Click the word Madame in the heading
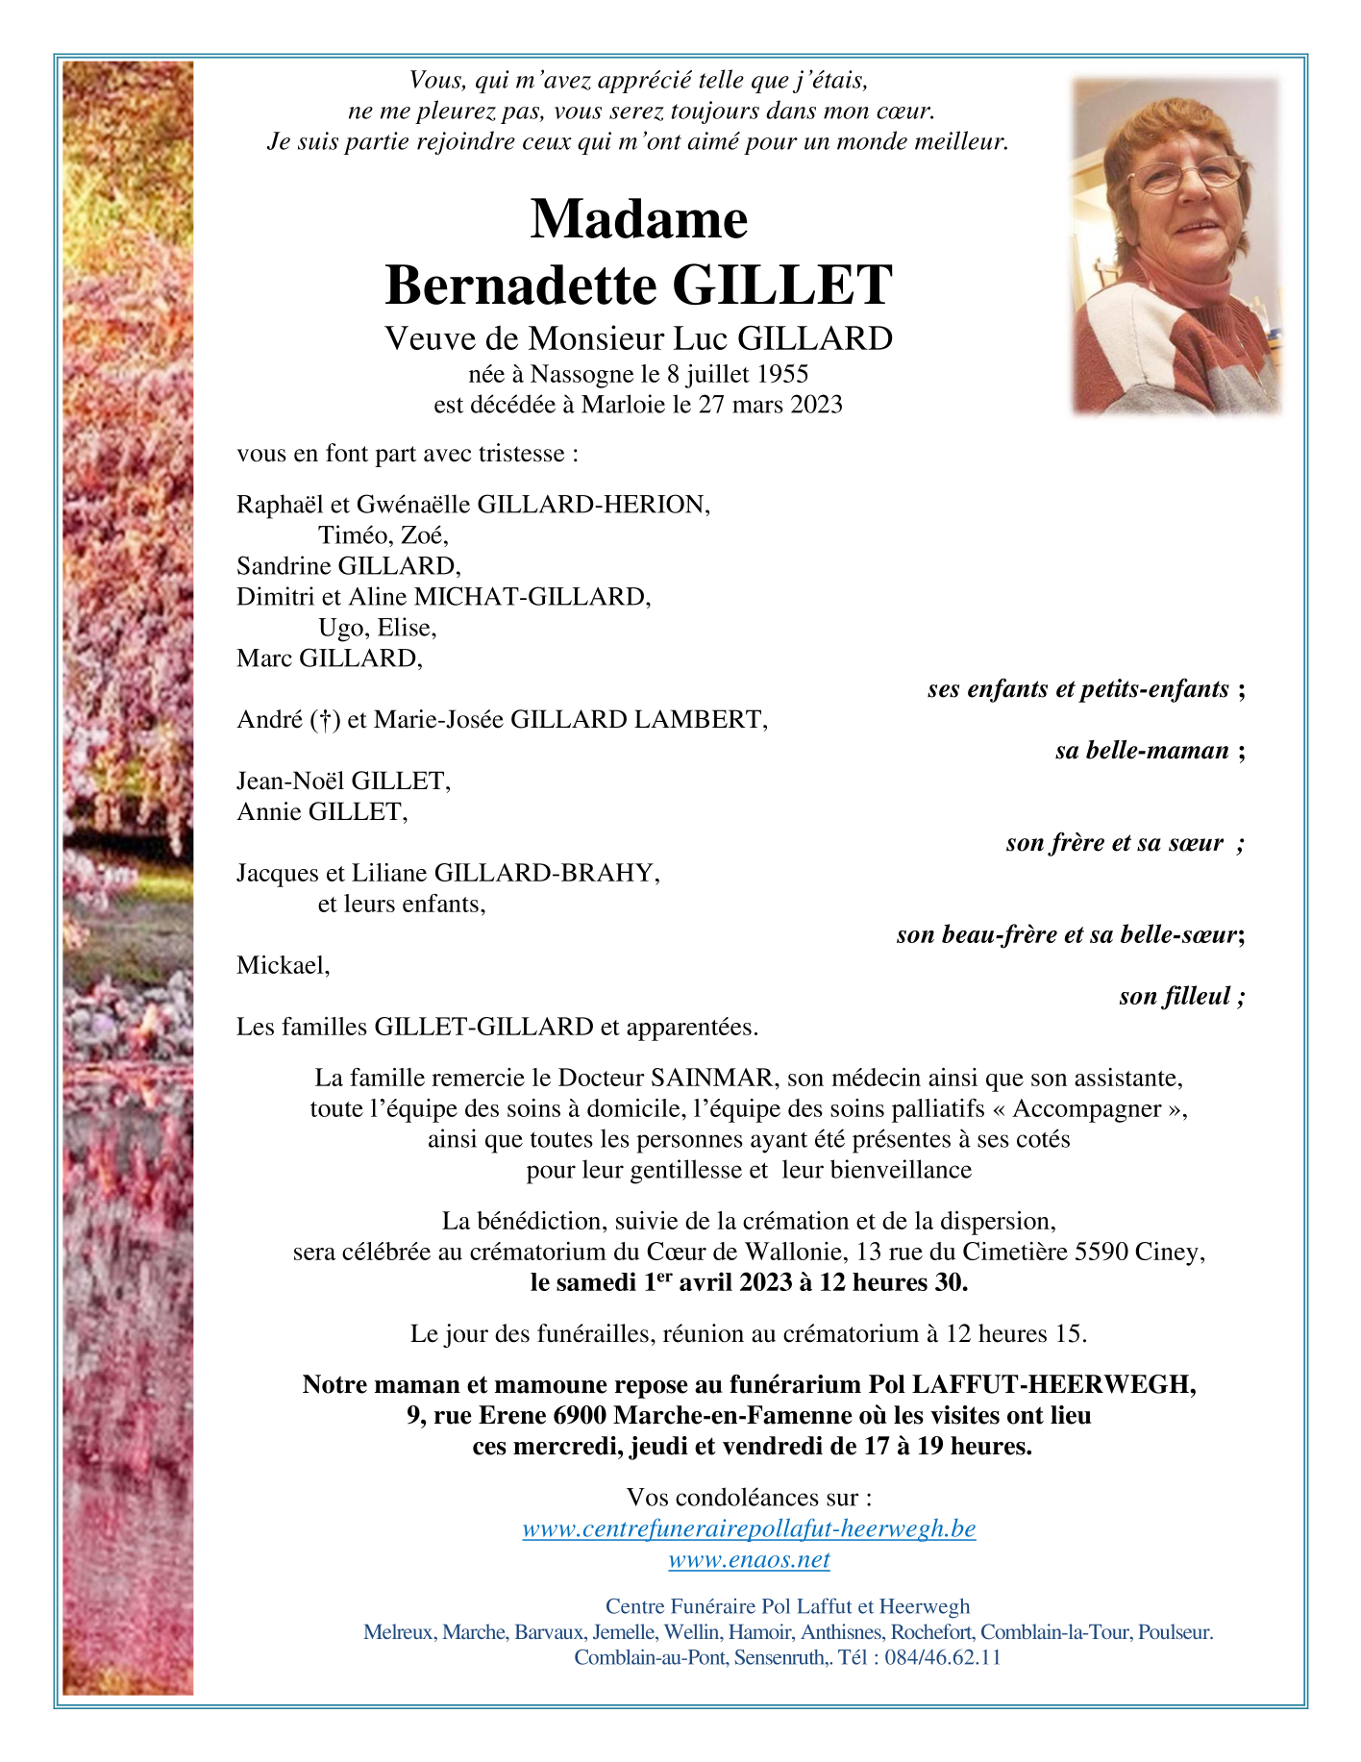638,219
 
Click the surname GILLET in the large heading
782,285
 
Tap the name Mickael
282,966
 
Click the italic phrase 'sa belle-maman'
1141,751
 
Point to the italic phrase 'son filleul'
1174,997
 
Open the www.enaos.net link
749,1559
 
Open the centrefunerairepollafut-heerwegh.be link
749,1528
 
